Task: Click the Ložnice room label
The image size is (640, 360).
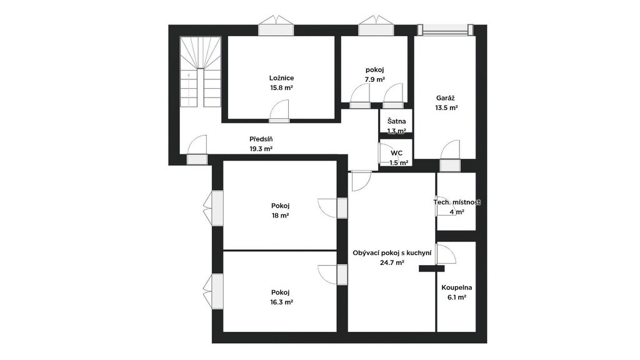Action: point(281,78)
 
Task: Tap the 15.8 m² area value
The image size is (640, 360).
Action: point(281,87)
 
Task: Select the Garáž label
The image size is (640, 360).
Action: point(446,98)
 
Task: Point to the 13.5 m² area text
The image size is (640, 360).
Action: point(446,107)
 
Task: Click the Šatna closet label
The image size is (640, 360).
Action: point(397,121)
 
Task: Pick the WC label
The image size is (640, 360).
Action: point(397,153)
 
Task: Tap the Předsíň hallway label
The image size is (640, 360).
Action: point(261,139)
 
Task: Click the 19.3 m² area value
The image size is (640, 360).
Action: point(261,149)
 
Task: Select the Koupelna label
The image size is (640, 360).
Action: point(457,287)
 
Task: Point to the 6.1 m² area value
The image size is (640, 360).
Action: point(457,297)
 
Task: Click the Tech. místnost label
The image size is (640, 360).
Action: point(457,202)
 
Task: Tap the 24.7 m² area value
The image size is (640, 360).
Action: point(392,263)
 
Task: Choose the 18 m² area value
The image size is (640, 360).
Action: point(280,216)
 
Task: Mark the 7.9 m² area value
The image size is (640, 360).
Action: point(375,79)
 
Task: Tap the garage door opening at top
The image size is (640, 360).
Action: point(446,30)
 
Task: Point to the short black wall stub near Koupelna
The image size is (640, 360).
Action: point(431,269)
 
